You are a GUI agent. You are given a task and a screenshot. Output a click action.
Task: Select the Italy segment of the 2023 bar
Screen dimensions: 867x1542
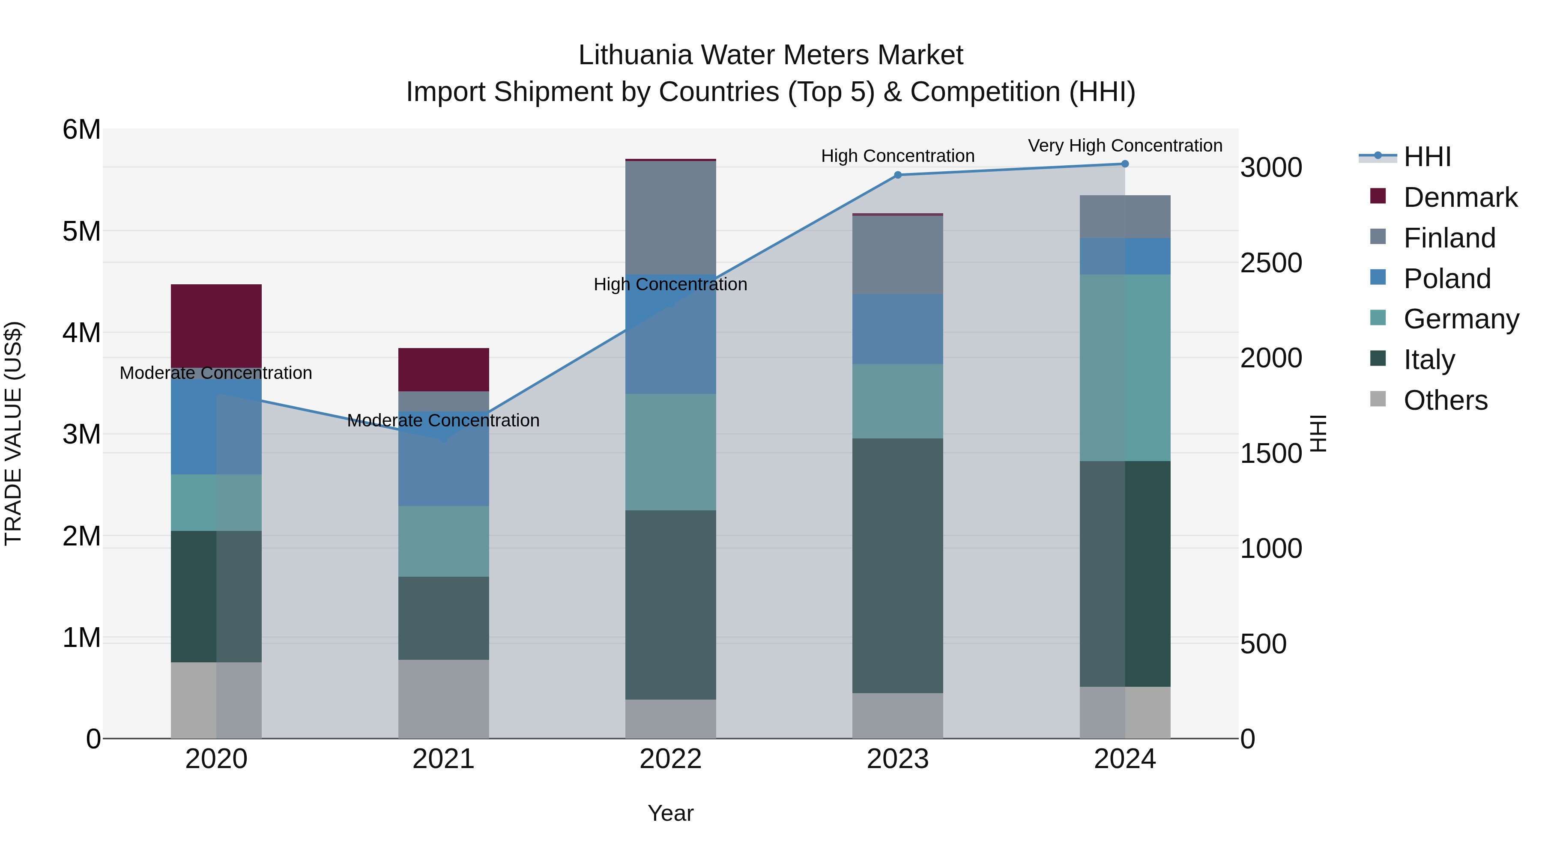click(897, 566)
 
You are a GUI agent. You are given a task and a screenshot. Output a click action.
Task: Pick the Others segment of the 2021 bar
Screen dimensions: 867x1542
click(444, 699)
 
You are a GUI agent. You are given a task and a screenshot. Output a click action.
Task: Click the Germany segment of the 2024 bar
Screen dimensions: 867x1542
click(1125, 367)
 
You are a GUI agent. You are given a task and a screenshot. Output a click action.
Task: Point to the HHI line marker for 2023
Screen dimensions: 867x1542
click(897, 175)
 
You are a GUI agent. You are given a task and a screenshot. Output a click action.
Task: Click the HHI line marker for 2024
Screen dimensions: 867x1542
click(1125, 164)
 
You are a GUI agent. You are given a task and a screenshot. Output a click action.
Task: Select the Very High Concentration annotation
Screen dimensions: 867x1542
click(1125, 146)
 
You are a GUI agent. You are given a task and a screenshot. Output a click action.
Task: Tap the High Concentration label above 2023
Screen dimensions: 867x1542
click(897, 155)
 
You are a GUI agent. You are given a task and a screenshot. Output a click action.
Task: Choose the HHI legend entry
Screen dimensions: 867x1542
click(1427, 157)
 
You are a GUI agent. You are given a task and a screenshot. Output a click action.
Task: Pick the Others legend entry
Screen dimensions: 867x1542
click(1445, 400)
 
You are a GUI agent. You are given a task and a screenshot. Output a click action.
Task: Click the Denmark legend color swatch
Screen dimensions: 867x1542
click(1378, 196)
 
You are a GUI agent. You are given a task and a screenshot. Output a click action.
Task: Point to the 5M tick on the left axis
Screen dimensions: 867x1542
click(81, 231)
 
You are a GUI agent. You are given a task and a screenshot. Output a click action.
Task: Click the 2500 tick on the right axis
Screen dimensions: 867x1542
click(1271, 263)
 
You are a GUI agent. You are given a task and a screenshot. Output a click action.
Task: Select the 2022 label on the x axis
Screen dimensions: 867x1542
click(670, 759)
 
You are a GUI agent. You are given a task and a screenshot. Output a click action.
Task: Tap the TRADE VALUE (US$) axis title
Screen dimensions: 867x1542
click(13, 433)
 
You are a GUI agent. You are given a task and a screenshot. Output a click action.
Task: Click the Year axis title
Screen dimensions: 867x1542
click(670, 813)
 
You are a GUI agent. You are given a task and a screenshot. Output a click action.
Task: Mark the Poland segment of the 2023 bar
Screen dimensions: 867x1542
click(897, 329)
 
